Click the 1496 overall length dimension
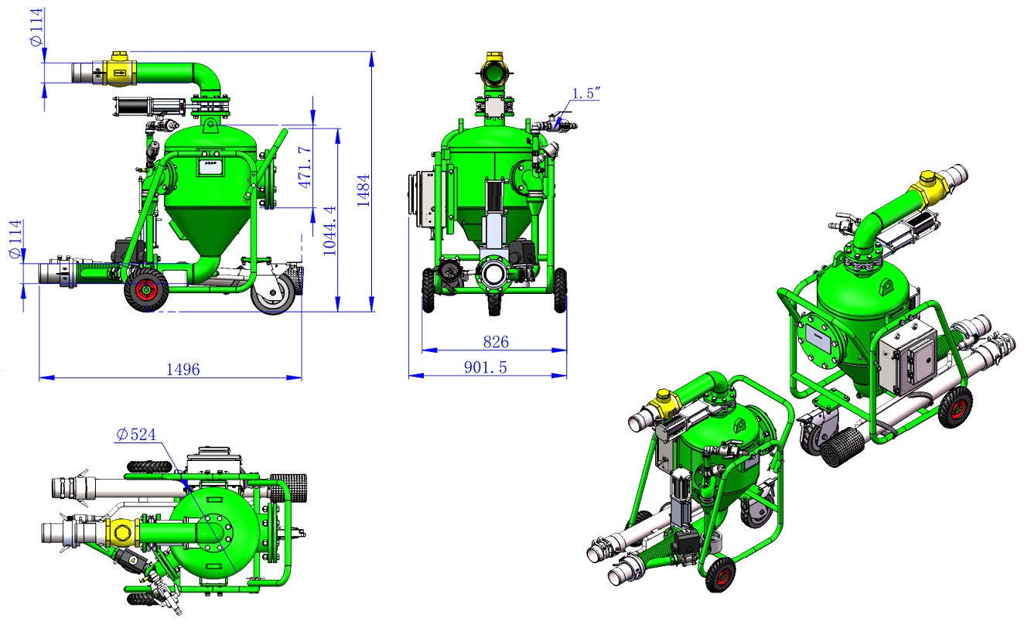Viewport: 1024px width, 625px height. (183, 369)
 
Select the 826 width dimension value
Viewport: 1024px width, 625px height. (496, 342)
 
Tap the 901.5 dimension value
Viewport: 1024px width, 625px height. (486, 367)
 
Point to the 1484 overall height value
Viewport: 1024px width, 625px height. (363, 190)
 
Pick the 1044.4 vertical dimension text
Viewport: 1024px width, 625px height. (329, 231)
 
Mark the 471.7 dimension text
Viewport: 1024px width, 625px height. (305, 167)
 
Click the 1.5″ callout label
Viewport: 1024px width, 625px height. (585, 94)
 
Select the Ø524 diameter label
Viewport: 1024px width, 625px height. (136, 434)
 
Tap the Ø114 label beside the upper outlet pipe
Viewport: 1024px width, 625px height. (36, 27)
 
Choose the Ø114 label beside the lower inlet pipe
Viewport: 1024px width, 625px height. (16, 239)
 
